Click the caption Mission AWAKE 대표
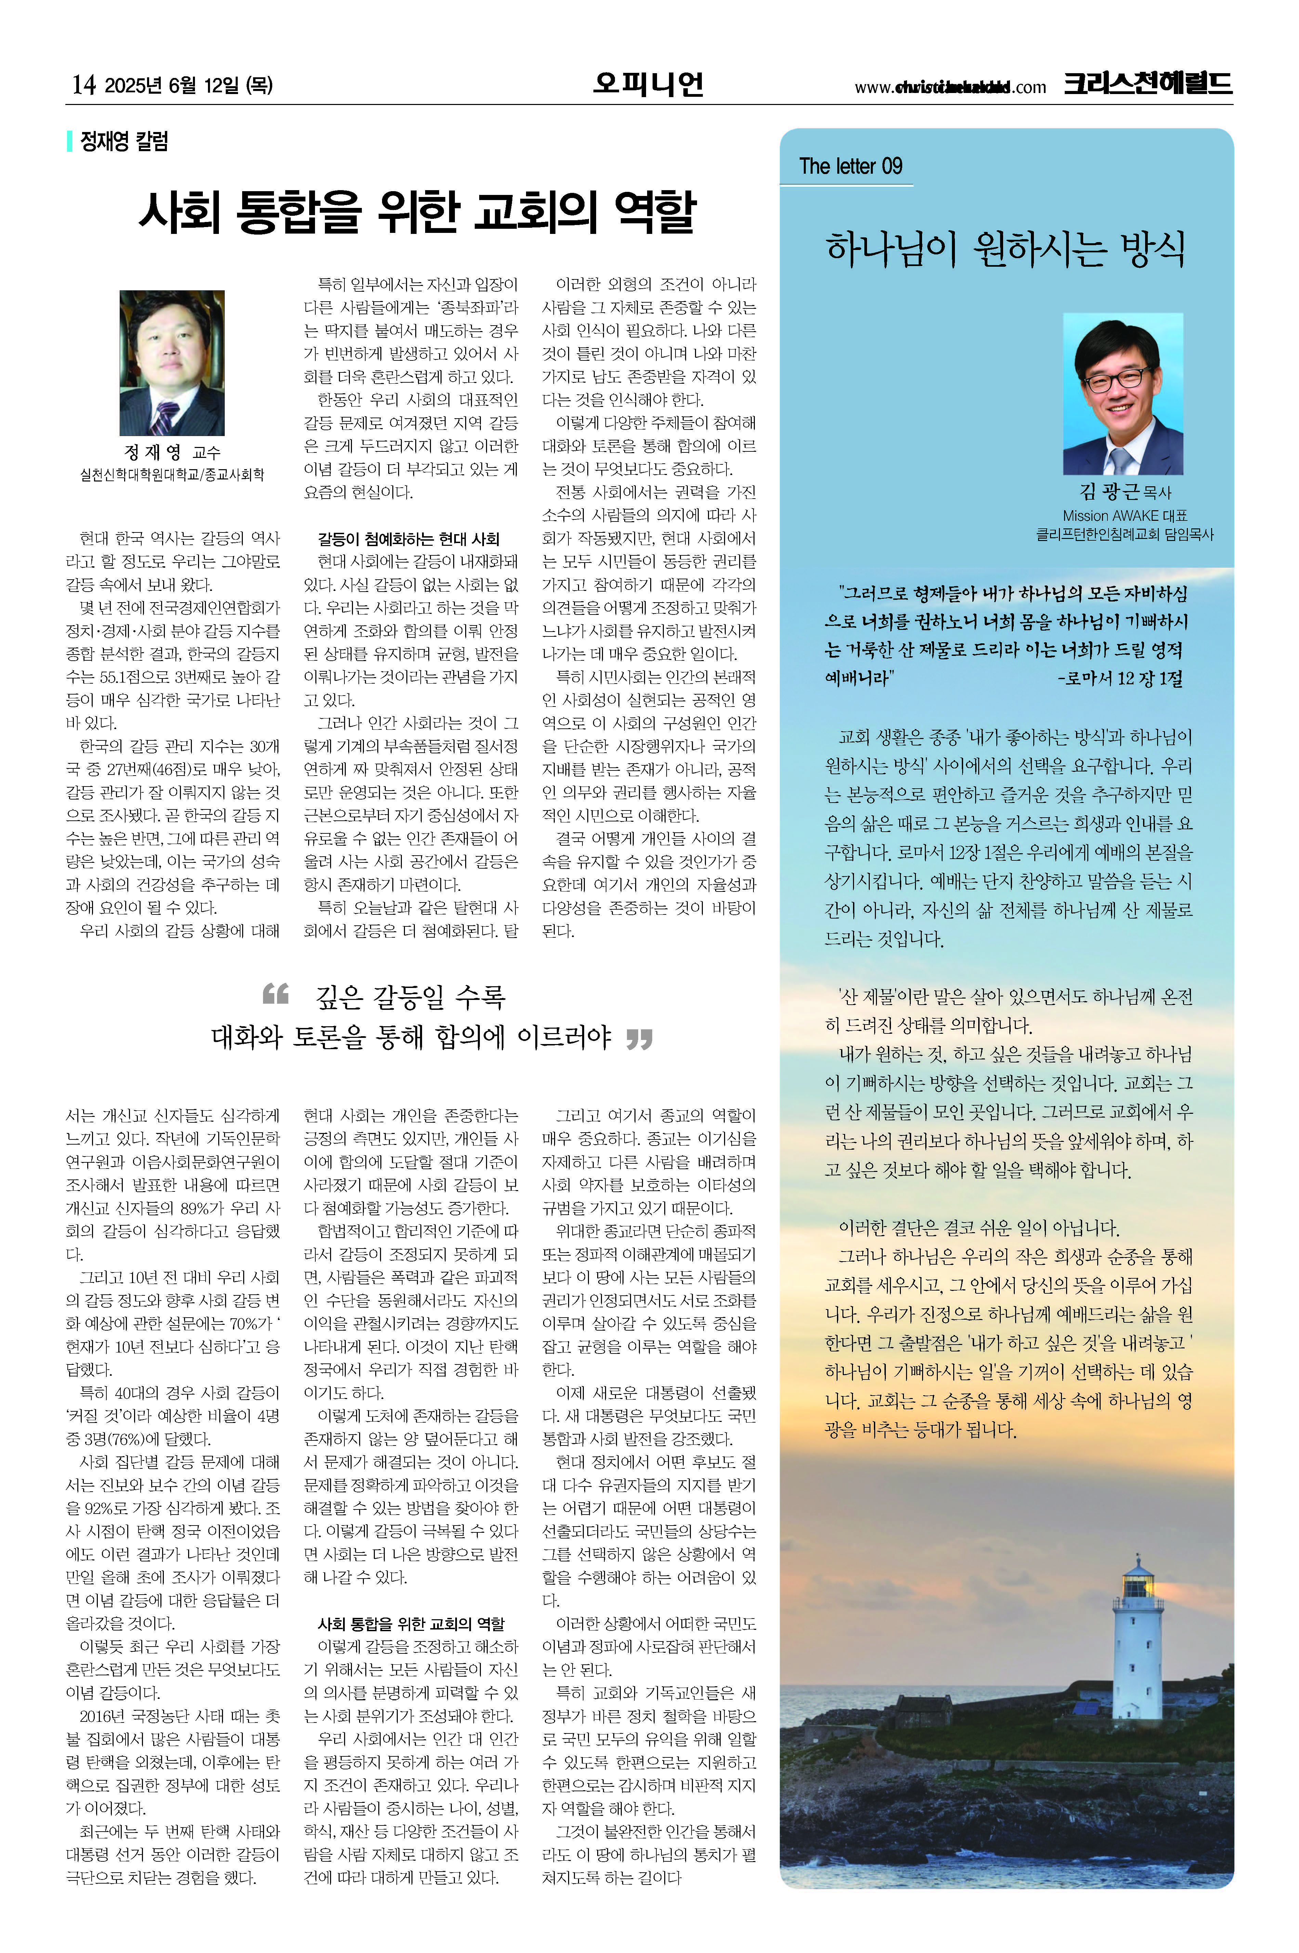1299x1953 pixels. (1124, 515)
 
